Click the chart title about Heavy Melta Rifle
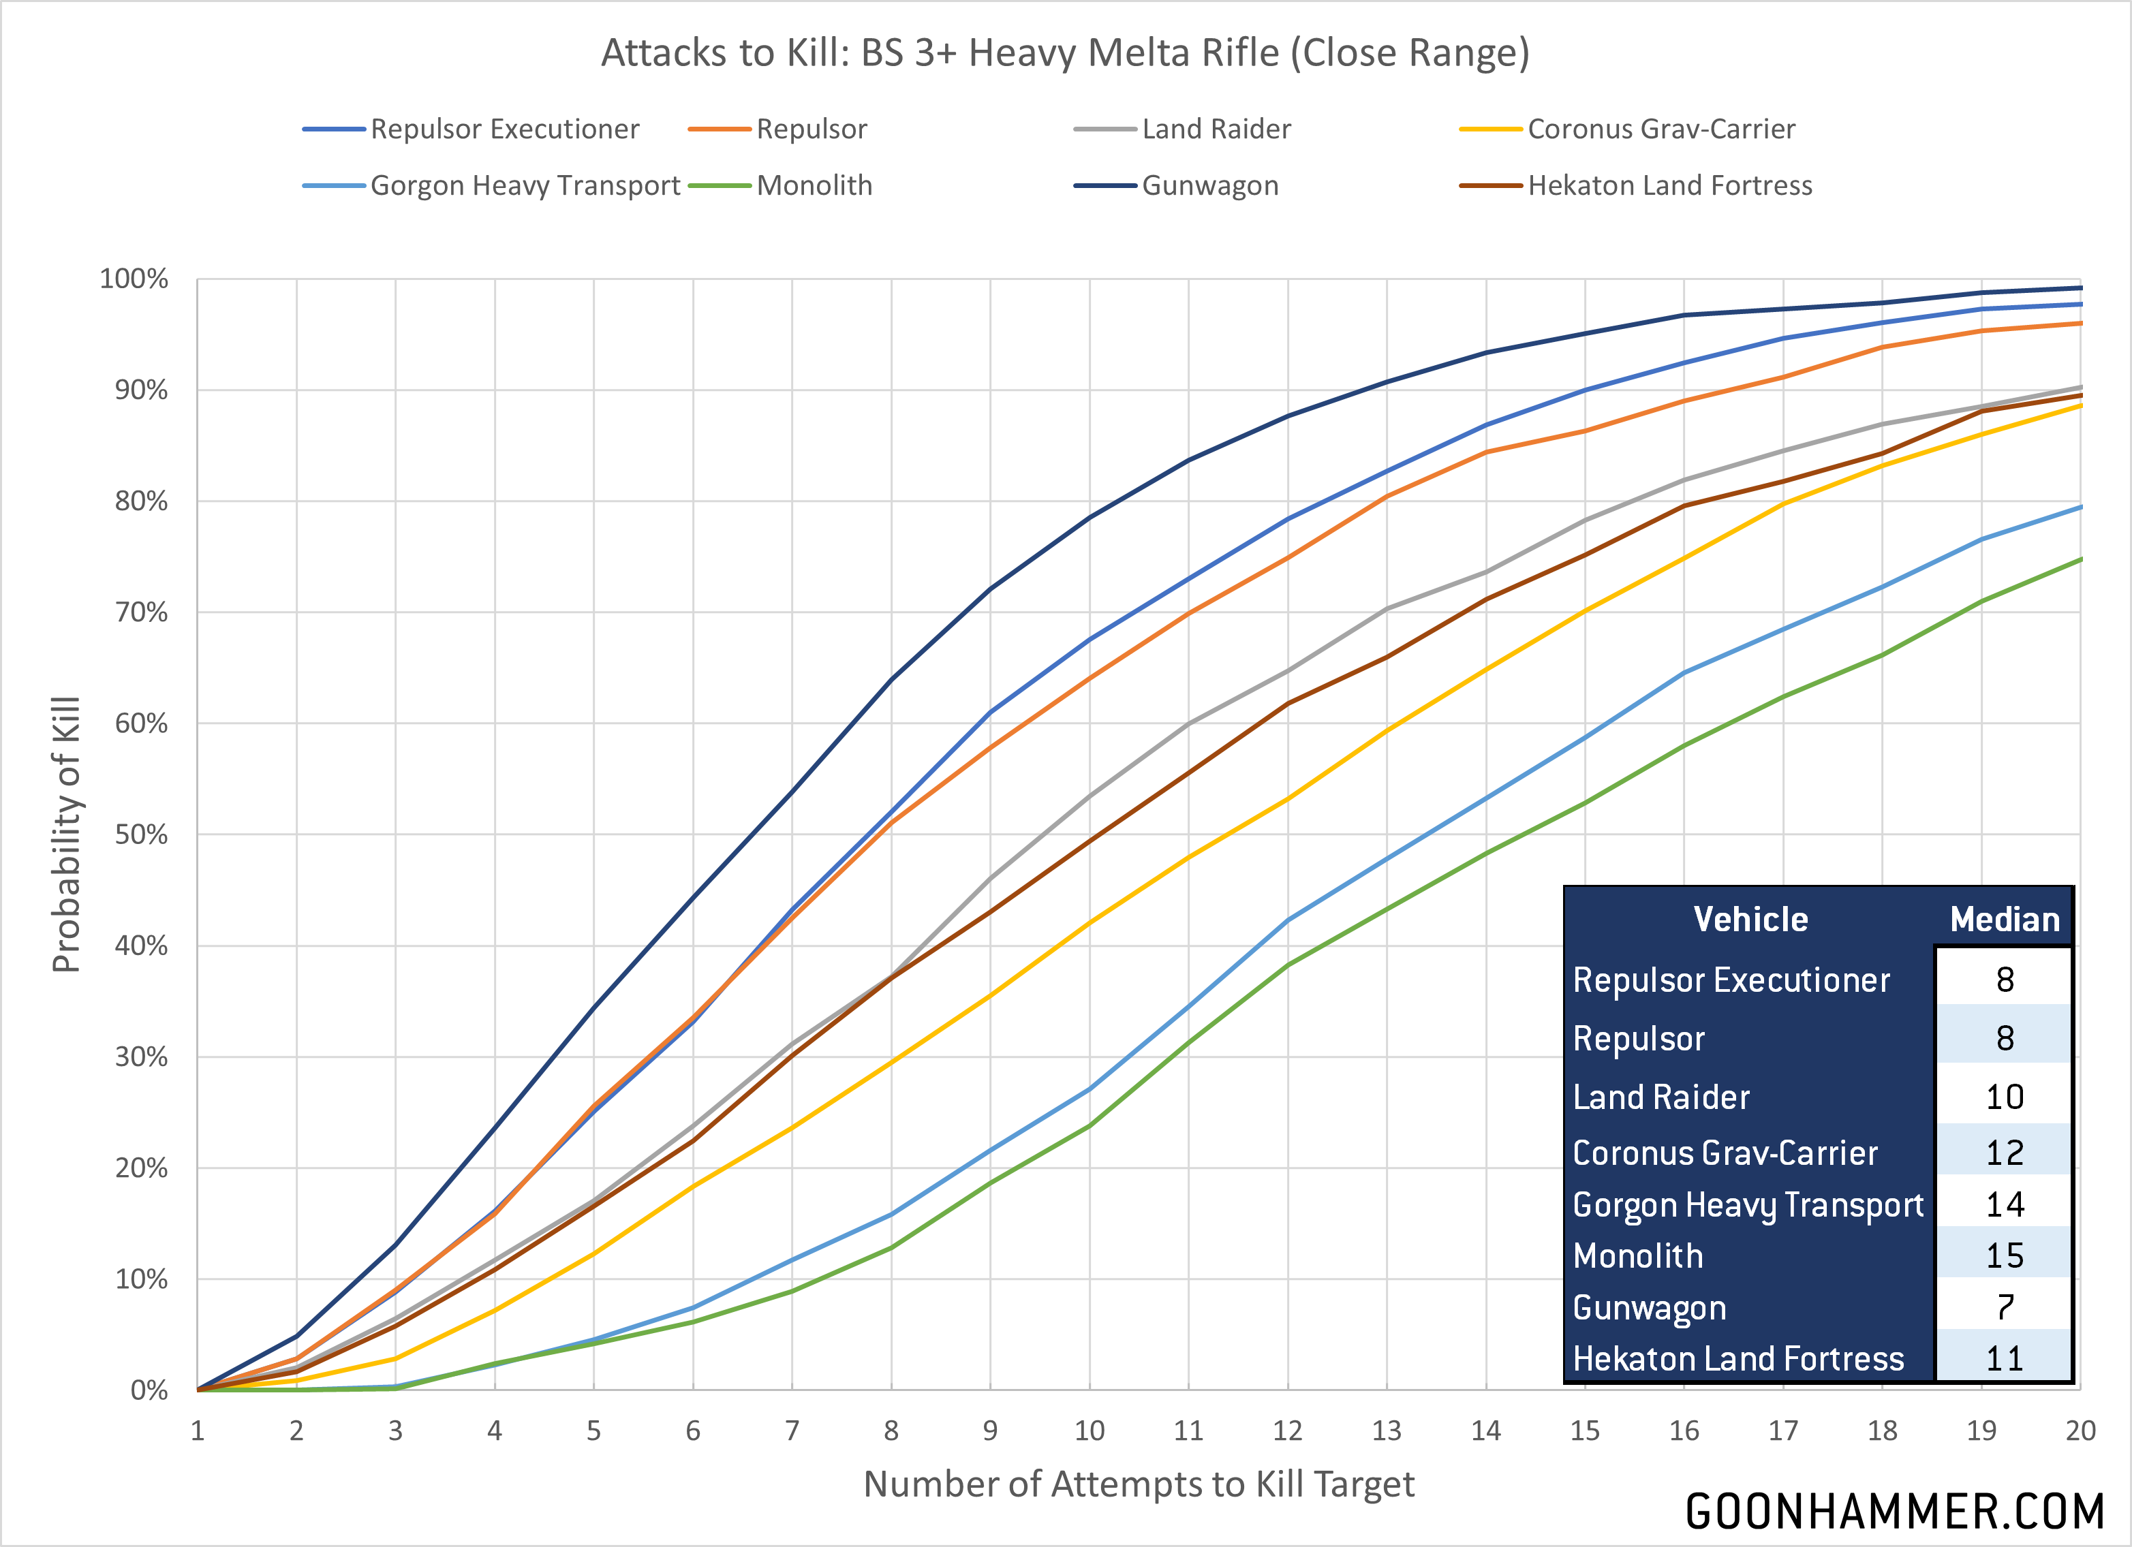point(1065,52)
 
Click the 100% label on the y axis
point(134,279)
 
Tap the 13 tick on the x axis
point(1387,1431)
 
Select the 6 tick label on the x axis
point(693,1431)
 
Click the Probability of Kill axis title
point(67,834)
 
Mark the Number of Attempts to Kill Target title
point(1139,1484)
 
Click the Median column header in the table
point(2004,919)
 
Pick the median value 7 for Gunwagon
point(2004,1307)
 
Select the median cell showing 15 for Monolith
point(2004,1255)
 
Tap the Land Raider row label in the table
point(1661,1097)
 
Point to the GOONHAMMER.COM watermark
point(1894,1512)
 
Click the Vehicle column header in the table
point(1750,919)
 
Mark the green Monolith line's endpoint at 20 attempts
point(2080,559)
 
